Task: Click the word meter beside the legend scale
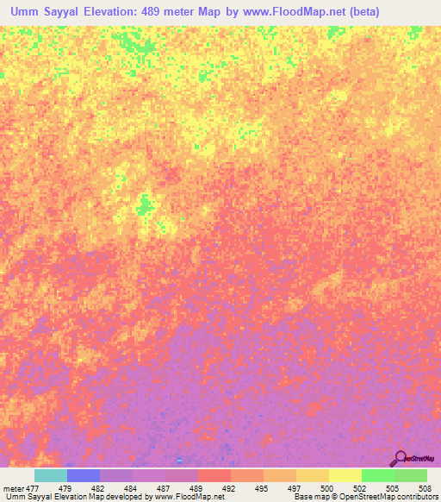pyautogui.click(x=14, y=487)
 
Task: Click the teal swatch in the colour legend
pyautogui.click(x=50, y=475)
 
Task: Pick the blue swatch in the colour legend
pyautogui.click(x=83, y=475)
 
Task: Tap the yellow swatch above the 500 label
pyautogui.click(x=345, y=475)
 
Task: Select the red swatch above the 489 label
pyautogui.click(x=214, y=475)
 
